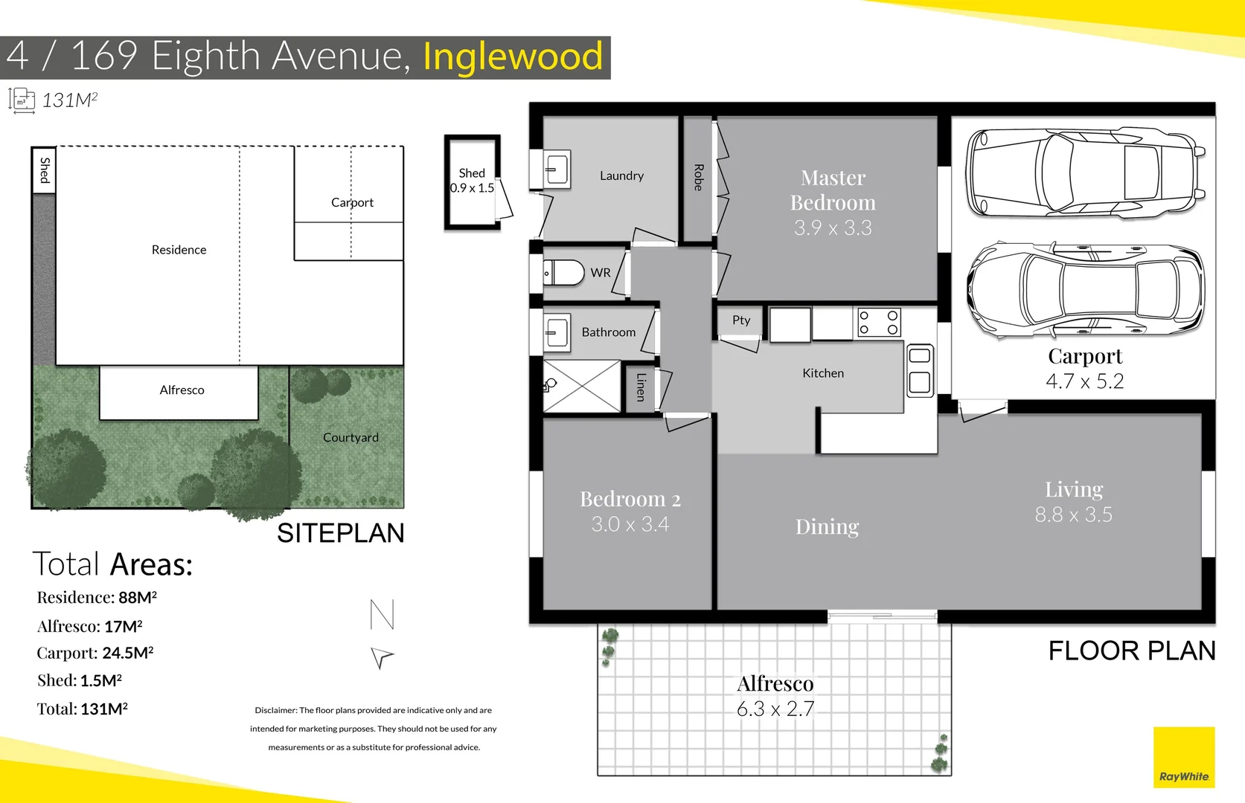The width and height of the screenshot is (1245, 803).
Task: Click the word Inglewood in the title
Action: click(513, 57)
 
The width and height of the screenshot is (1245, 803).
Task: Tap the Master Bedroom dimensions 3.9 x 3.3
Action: click(833, 228)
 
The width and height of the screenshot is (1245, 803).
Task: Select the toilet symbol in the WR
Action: click(564, 273)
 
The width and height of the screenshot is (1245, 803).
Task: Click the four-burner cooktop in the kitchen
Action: click(879, 323)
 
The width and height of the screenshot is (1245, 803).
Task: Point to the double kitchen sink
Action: click(920, 370)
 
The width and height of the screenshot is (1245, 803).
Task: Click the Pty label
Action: click(741, 320)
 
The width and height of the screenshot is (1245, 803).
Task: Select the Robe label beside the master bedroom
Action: click(698, 178)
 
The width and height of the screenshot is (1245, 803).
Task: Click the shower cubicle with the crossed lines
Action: click(582, 386)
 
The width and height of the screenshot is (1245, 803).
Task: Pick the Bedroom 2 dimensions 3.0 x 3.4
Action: click(630, 524)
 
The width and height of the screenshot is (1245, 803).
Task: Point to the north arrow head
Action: click(382, 657)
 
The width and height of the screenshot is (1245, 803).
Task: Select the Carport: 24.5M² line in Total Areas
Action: click(95, 653)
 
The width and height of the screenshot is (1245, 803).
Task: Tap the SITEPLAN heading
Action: click(340, 533)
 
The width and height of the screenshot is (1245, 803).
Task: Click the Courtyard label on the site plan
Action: click(351, 438)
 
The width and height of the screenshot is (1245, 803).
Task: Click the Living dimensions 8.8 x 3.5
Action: click(1073, 515)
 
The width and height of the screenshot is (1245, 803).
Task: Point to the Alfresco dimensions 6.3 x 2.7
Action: click(775, 709)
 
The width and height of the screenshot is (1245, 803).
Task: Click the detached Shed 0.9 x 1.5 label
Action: click(472, 181)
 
